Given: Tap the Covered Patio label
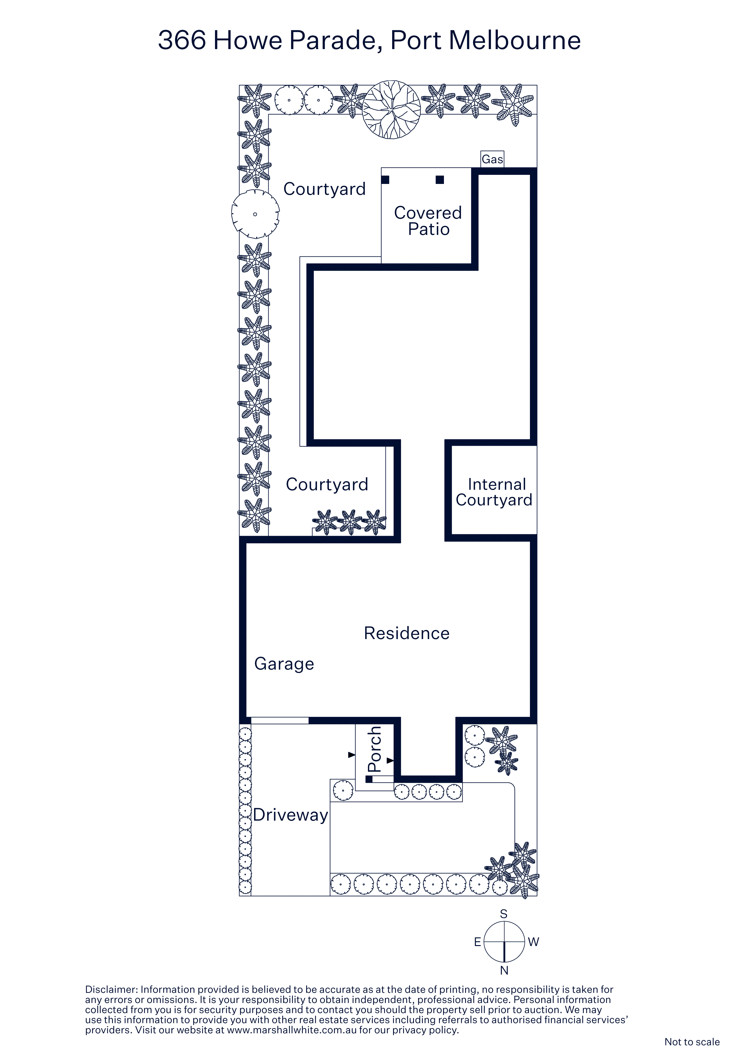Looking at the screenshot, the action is (428, 221).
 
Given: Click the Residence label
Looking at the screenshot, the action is (407, 633).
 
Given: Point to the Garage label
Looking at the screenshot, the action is (284, 664).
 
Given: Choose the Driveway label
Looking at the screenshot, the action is (291, 815).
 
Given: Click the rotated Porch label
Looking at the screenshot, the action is (374, 749).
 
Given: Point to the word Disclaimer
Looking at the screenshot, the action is (111, 989).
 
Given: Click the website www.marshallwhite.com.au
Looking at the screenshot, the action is (292, 1030).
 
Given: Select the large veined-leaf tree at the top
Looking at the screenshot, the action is (392, 110).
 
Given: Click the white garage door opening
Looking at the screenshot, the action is (280, 720).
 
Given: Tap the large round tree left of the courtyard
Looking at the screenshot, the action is (255, 214).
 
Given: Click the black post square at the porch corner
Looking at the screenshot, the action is (369, 779).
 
